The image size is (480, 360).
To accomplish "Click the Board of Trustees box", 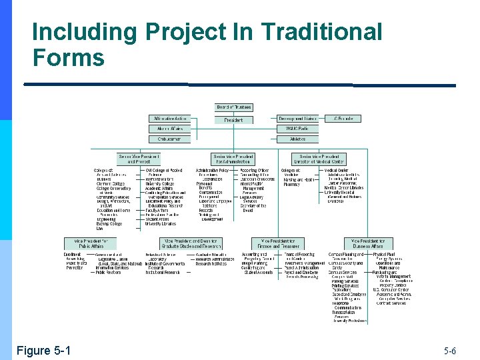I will click(x=233, y=107).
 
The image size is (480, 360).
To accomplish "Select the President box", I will click(x=233, y=120).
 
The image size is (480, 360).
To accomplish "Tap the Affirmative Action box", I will click(x=169, y=119).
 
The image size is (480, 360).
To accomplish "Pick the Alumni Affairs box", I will click(x=169, y=129).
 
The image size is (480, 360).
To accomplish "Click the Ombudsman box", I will click(x=169, y=139).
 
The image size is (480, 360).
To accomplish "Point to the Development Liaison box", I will click(x=297, y=119).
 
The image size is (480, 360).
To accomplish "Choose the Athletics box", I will click(x=297, y=139).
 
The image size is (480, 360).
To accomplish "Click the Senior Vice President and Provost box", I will click(x=139, y=159).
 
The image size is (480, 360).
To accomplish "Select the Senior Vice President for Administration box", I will click(x=233, y=159).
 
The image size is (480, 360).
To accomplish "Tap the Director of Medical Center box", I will click(x=319, y=159).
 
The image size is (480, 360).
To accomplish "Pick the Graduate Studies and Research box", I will click(x=192, y=243).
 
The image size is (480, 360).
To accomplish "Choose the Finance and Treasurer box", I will click(x=276, y=243).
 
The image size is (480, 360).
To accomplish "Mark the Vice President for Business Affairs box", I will click(x=369, y=243).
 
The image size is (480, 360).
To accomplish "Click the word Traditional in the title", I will click(x=322, y=32).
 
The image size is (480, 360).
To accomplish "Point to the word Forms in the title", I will click(x=69, y=58).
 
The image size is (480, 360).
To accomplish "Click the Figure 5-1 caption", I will click(x=44, y=351).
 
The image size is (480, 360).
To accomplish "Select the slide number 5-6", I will click(x=450, y=351).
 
